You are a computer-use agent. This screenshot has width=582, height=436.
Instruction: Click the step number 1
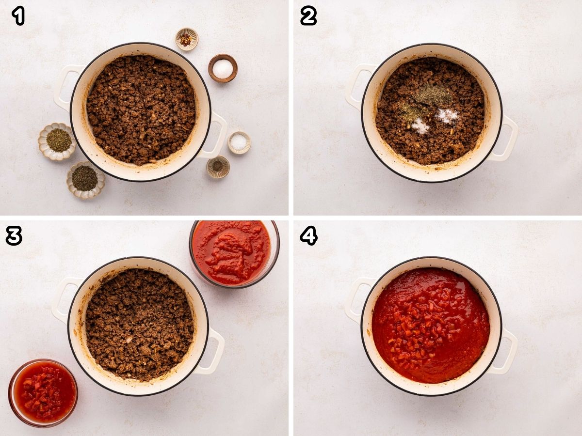coord(18,16)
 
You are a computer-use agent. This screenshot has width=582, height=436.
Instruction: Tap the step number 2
coord(308,16)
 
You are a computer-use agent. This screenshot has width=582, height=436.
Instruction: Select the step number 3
coord(14,235)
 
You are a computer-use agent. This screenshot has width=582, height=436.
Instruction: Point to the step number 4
coord(308,235)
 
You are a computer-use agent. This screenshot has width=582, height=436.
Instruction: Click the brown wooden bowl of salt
coord(223,68)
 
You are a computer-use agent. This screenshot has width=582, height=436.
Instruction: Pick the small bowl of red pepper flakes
coord(187,39)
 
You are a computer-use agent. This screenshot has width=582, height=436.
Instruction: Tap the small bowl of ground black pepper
coord(218,167)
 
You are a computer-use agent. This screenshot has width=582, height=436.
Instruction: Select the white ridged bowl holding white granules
coord(239,142)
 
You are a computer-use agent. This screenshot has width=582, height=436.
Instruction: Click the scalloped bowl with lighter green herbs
coord(58,140)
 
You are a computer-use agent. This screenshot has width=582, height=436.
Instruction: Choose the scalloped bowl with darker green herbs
coord(85,179)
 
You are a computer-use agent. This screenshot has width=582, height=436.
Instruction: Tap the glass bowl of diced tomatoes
coord(43,392)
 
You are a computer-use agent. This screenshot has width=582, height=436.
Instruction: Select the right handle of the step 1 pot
coord(216,136)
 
